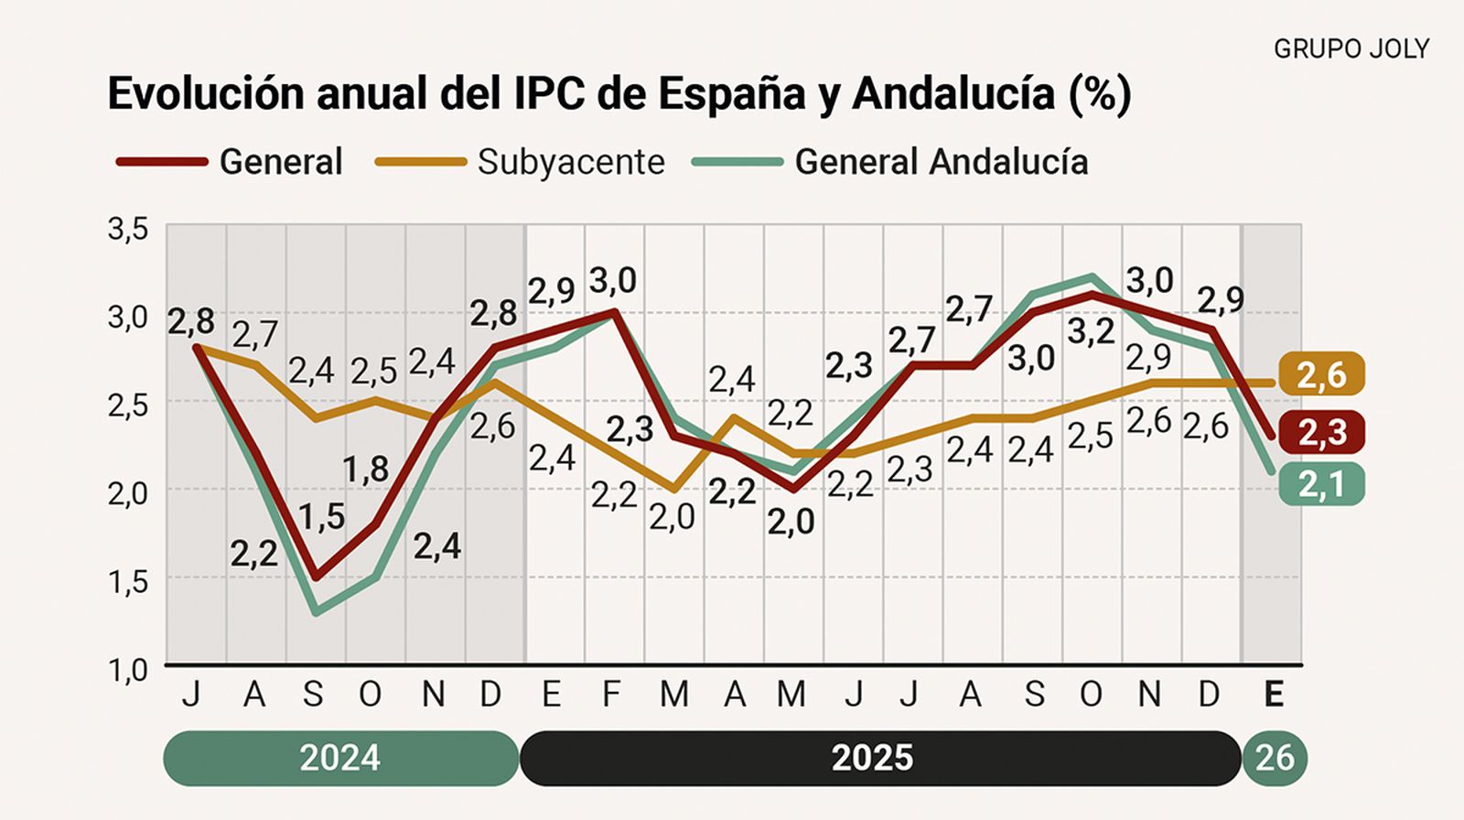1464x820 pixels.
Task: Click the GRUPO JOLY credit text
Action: coord(1351,49)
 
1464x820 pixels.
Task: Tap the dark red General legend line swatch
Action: coord(162,162)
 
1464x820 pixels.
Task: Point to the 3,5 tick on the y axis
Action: coord(128,229)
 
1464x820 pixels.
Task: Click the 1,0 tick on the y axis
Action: coord(128,669)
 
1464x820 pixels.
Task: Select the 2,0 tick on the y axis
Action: coord(128,493)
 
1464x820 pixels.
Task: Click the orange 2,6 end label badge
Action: coord(1321,375)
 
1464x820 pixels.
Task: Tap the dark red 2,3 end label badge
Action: coord(1321,432)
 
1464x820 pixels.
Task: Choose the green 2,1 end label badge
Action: coord(1321,484)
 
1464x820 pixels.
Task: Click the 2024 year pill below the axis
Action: coord(340,758)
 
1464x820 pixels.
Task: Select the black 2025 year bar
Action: coord(872,758)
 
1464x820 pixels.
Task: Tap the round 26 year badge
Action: coord(1275,758)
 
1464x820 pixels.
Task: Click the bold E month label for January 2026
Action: coord(1273,695)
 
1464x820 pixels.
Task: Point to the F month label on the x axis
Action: coord(611,695)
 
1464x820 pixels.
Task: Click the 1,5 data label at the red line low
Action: coord(322,517)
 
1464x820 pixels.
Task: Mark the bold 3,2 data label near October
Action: coord(1092,332)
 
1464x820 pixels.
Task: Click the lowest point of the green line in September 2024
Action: coord(317,612)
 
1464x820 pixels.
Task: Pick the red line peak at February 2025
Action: coord(614,312)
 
